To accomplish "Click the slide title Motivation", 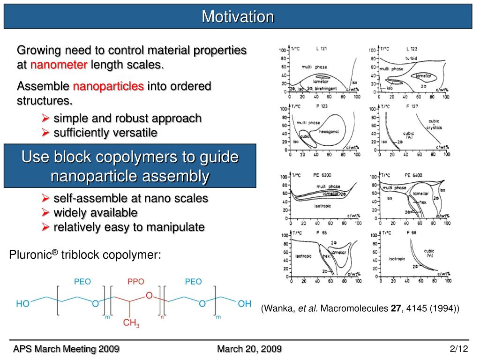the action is click(238, 17).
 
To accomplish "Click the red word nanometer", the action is click(59, 65).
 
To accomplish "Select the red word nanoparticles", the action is click(108, 87).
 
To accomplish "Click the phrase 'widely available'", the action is click(95, 213).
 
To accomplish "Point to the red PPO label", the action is click(136, 282).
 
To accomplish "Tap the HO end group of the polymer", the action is click(22, 304).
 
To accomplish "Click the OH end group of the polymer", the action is click(244, 304).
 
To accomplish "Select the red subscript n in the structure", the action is click(162, 317).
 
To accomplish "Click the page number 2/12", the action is click(458, 349).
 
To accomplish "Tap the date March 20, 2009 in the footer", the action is click(249, 349).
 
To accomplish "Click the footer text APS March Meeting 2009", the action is click(66, 349).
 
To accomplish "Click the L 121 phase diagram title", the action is click(321, 49).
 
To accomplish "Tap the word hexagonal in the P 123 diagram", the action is click(329, 132).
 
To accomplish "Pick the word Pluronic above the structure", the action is click(30, 255).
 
